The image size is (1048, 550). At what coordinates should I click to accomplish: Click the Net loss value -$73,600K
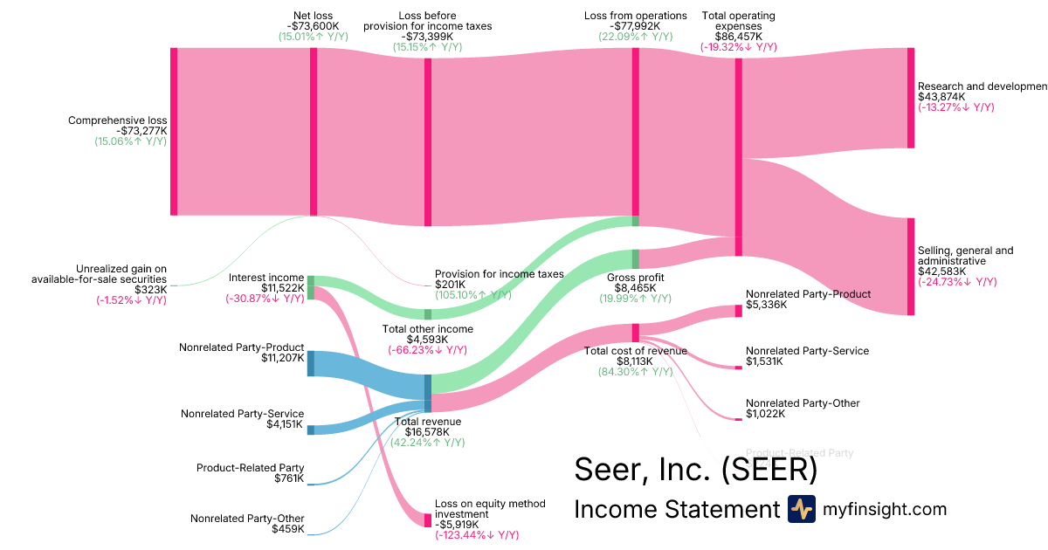tap(314, 27)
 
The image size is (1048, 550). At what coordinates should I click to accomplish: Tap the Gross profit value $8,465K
tap(635, 288)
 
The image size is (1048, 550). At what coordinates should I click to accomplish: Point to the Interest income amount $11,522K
tap(282, 288)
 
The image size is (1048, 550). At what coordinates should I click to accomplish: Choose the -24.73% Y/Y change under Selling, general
tap(957, 282)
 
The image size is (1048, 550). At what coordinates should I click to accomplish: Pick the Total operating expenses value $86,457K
tap(738, 38)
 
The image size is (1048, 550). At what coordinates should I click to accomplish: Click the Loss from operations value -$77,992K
tap(635, 27)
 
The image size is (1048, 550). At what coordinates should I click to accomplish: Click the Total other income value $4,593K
tap(427, 340)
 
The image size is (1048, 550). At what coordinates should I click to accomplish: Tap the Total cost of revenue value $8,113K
tap(635, 361)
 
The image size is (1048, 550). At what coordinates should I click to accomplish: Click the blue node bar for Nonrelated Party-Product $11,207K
tap(310, 362)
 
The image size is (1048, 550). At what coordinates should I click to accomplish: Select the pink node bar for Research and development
tap(911, 98)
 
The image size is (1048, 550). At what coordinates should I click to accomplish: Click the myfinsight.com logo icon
tap(801, 509)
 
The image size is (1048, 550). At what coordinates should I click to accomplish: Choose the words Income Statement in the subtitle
tap(677, 510)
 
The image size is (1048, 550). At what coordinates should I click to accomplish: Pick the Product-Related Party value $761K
tap(287, 478)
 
